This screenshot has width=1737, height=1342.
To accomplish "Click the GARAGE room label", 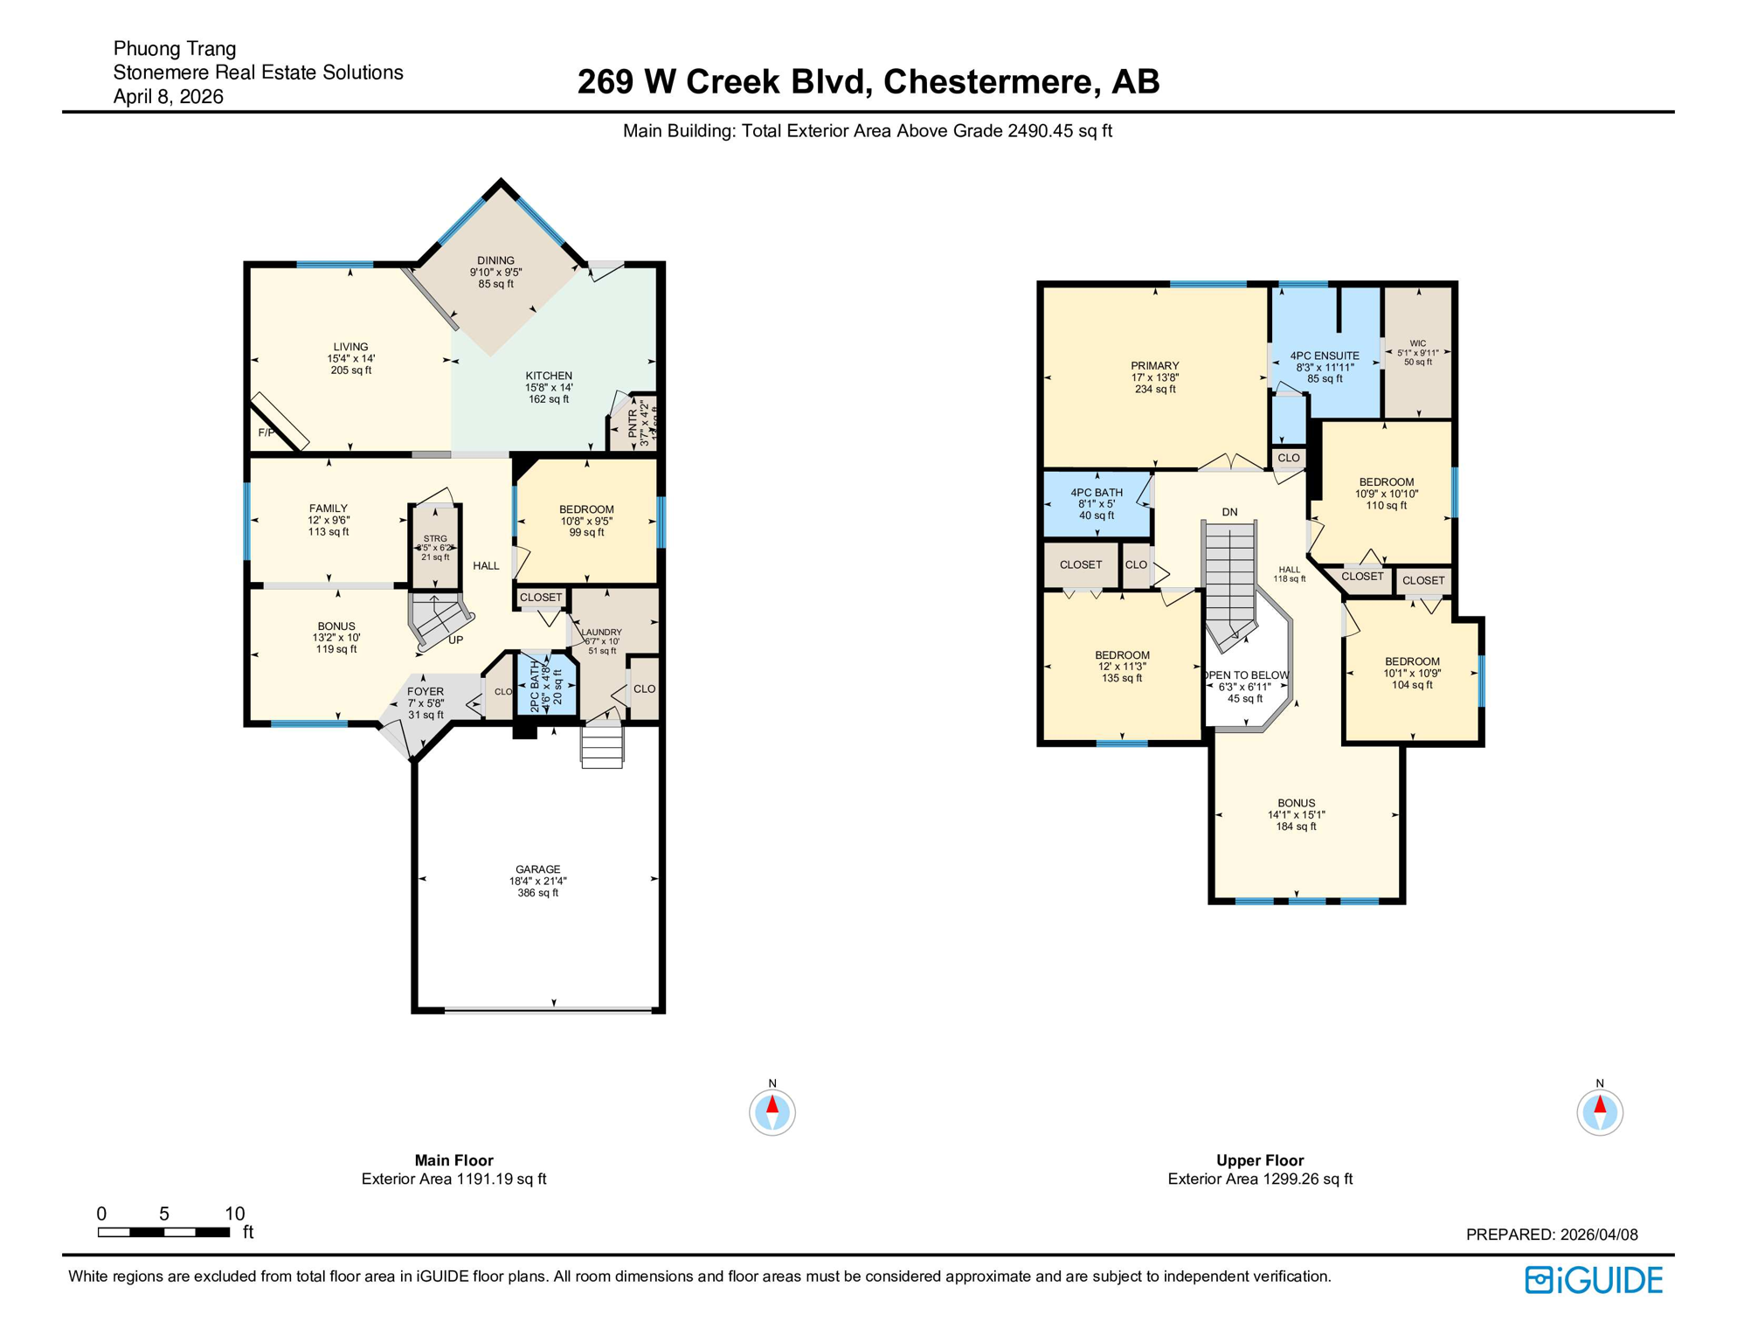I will pos(537,869).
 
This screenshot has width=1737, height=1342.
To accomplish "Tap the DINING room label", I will pos(495,260).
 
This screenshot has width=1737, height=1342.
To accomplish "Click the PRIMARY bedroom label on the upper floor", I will pos(1155,366).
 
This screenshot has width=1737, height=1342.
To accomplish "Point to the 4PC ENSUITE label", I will pos(1325,356).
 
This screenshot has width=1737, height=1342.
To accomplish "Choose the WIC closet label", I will pos(1417,343).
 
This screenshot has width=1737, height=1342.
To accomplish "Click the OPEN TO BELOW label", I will pos(1246,675).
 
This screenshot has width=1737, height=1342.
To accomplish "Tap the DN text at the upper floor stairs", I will pos(1229,512).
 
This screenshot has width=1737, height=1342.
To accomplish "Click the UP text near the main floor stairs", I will pos(455,640).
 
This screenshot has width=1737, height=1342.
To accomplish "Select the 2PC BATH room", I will pos(546,687).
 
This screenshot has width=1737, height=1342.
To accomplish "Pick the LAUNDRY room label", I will pos(602,633).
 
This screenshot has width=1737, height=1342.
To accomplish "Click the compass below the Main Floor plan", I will pos(772,1112).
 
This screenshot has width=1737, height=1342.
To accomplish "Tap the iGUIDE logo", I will pos(1594,1280).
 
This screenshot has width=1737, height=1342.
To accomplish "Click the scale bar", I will pos(163,1232).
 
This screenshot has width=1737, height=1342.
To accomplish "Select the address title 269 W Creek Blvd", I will pos(868,81).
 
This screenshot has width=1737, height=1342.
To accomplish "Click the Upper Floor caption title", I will pos(1259,1160).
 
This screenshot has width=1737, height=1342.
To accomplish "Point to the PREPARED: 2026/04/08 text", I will pos(1551,1235).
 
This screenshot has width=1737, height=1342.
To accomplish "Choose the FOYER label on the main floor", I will pos(426,691).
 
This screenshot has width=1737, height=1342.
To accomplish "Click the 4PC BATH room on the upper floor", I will pos(1097,504).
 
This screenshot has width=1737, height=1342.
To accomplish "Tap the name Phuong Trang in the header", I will pos(175,49).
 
